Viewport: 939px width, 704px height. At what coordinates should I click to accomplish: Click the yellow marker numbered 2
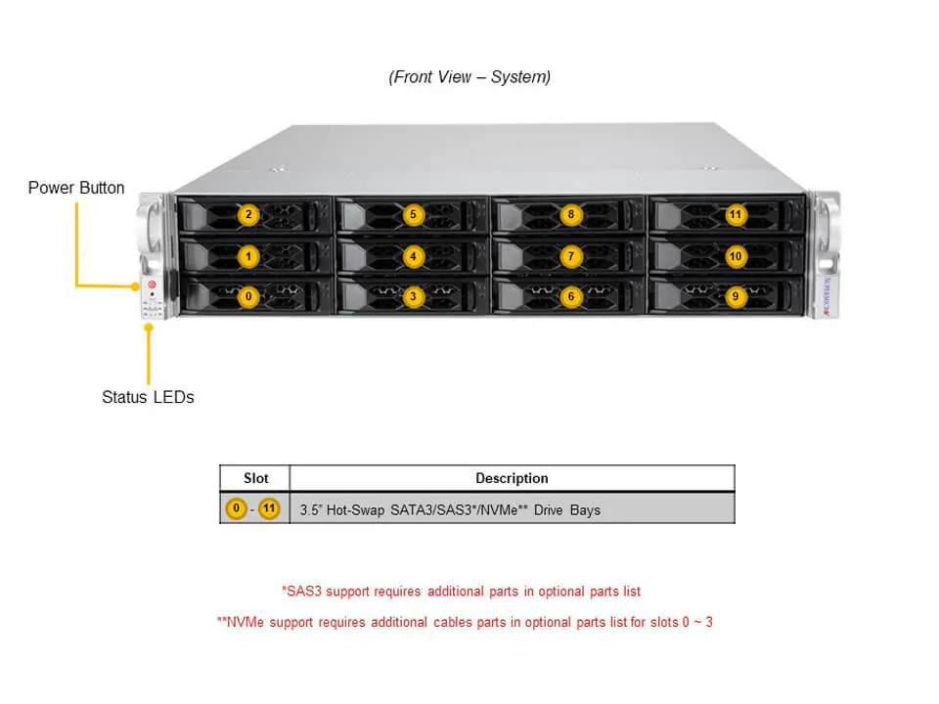249,215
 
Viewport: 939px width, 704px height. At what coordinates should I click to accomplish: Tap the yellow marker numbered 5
414,215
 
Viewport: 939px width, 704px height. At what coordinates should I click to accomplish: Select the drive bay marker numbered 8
571,215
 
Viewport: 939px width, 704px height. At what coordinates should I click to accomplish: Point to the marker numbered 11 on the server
736,215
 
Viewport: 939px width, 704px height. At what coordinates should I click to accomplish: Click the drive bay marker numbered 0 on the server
249,295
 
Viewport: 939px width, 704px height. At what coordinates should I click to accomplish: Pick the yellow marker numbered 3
414,295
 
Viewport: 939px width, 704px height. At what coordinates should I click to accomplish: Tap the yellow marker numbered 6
571,295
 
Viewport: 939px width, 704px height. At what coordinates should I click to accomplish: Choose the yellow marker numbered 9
736,295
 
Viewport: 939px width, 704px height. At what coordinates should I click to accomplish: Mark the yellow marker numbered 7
571,256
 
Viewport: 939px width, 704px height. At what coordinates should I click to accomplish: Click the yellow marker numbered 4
414,256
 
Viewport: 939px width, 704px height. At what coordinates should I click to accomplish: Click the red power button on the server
152,285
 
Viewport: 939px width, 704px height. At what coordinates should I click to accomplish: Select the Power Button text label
76,188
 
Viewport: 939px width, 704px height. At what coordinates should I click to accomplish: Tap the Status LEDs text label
148,397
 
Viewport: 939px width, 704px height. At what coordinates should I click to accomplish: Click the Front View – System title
469,77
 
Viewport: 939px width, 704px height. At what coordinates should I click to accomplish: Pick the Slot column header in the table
254,478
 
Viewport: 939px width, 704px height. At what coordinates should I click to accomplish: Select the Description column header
512,478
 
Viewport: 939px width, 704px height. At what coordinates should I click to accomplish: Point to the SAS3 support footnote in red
461,592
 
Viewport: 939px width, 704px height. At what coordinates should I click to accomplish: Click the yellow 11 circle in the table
269,509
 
